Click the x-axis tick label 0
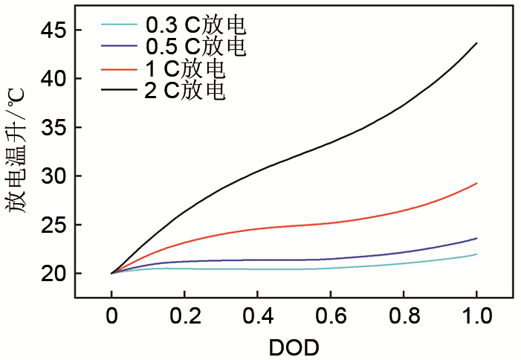[111, 316]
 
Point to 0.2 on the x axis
[184, 316]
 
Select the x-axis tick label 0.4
[257, 316]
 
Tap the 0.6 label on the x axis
[330, 316]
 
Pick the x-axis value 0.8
[403, 316]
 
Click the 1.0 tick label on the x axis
[476, 316]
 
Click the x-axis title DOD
[294, 347]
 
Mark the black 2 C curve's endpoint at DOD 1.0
[476, 43]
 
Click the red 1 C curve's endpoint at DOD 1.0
[476, 183]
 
